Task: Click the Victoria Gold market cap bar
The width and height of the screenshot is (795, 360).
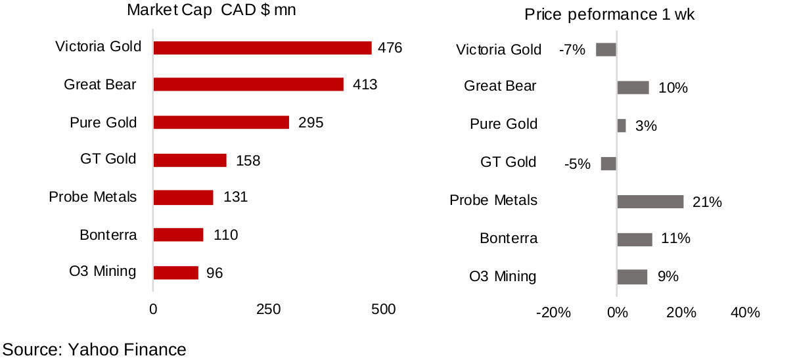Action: pos(262,48)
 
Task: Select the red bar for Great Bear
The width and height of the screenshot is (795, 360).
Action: pos(248,85)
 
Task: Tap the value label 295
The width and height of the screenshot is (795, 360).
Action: pos(311,123)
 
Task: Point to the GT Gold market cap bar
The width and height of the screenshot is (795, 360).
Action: pos(190,160)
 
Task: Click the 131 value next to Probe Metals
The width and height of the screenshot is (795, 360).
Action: pos(235,197)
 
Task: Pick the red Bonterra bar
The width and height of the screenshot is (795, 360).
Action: pos(178,235)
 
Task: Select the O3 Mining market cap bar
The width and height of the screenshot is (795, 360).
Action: pos(175,272)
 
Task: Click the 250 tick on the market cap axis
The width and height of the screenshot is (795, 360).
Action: pos(268,309)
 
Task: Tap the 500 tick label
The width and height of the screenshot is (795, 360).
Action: pos(383,309)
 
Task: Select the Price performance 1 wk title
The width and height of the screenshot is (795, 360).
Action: pos(609,15)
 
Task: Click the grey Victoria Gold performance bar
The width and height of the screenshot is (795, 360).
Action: pos(606,49)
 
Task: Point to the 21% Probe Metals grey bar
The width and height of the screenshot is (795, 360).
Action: pos(650,202)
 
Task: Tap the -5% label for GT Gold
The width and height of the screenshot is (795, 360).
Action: pos(578,164)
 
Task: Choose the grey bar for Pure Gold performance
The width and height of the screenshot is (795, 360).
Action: pos(622,125)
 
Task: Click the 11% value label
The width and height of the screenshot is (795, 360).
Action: pos(675,239)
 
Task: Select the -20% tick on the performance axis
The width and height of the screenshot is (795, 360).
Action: pos(553,313)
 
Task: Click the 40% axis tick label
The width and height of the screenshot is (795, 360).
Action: pos(745,313)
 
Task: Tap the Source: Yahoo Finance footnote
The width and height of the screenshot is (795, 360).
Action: pos(95,349)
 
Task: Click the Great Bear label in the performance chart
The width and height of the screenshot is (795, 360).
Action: pos(500,86)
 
